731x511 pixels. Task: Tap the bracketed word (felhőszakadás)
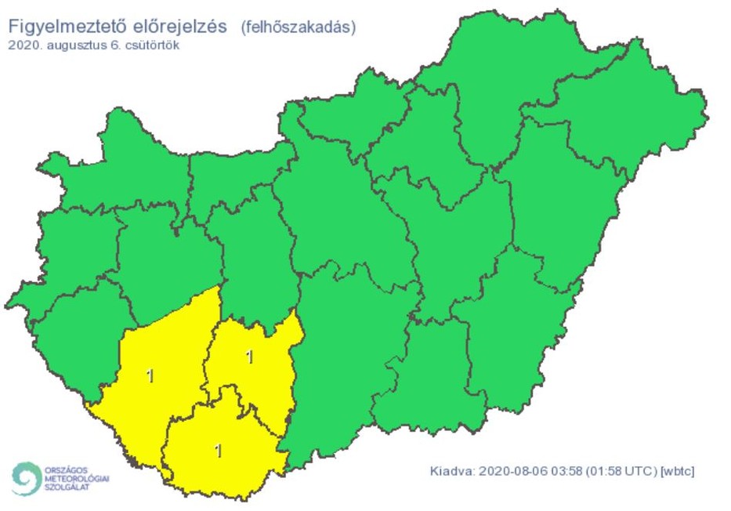(x=298, y=27)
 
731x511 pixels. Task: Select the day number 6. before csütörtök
(x=114, y=45)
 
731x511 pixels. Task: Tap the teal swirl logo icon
(x=27, y=478)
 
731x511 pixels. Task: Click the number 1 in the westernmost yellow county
(x=150, y=375)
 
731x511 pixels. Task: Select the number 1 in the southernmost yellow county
(x=218, y=451)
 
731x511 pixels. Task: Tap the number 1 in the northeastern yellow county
(x=249, y=357)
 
